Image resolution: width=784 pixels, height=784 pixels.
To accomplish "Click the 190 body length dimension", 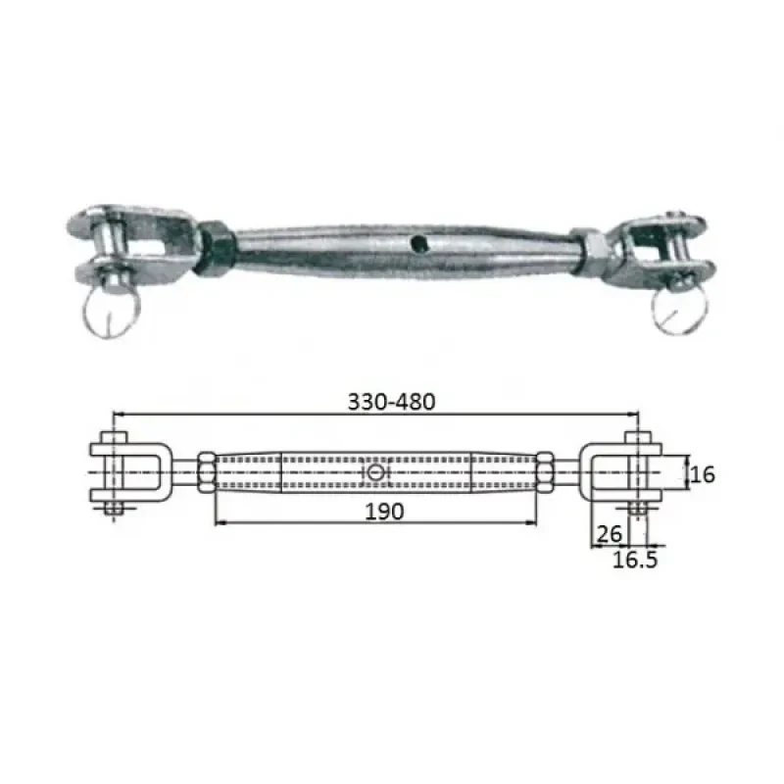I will coord(377,511).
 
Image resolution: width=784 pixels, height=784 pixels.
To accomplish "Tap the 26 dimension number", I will coord(608,535).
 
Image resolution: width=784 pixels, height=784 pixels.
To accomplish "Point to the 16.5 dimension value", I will coord(635,561).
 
